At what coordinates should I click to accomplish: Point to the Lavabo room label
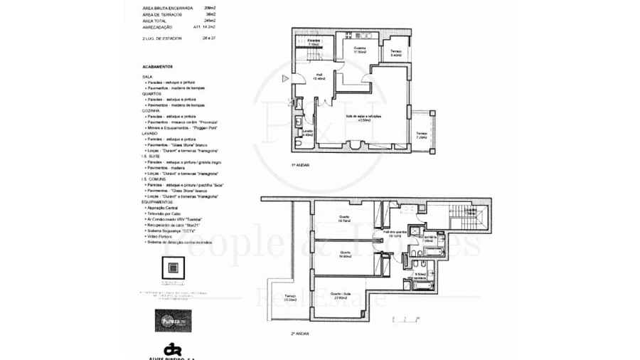coord(308,132)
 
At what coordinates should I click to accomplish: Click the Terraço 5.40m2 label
coord(396,53)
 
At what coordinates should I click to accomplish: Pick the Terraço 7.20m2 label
coord(422,135)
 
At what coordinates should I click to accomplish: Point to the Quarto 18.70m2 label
coord(343,219)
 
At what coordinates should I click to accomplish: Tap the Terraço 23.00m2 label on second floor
coord(290,298)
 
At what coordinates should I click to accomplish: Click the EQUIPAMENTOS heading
coord(159,201)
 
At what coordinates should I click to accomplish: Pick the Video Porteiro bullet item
coord(163,235)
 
